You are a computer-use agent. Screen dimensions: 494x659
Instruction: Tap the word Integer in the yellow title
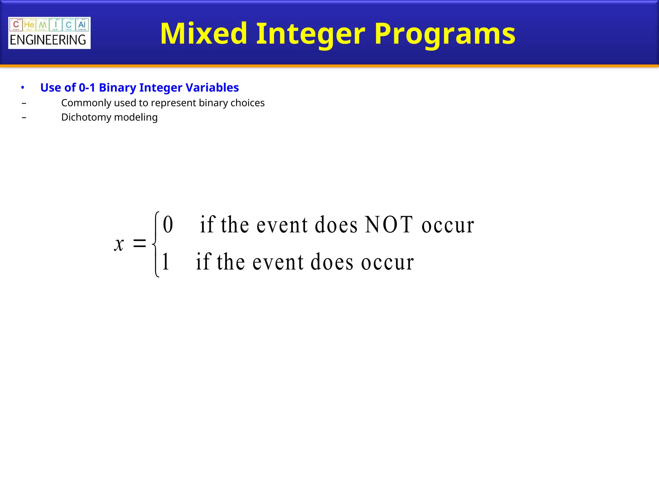[x=311, y=34]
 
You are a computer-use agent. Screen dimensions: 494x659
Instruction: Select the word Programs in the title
[x=445, y=34]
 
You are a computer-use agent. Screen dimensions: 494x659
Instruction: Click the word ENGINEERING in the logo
[x=48, y=40]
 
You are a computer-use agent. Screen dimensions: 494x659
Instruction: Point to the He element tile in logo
[x=29, y=25]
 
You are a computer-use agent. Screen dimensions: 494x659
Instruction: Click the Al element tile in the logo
[x=82, y=25]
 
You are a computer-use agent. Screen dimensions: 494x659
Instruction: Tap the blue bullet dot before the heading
[x=23, y=87]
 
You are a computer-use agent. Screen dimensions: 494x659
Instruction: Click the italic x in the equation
[x=119, y=244]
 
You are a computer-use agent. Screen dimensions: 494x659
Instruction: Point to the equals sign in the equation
[x=139, y=243]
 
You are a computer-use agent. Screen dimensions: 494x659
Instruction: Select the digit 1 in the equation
[x=166, y=262]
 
